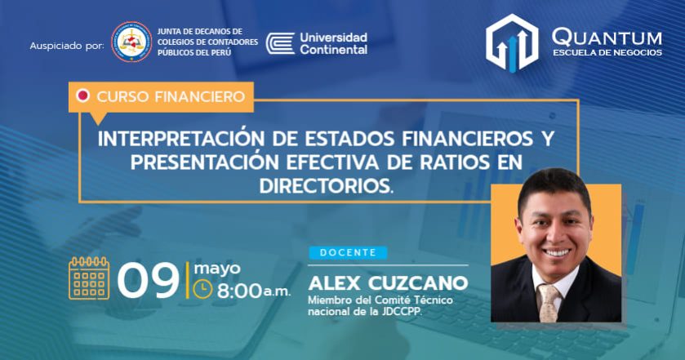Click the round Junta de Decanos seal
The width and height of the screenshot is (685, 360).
pos(131,42)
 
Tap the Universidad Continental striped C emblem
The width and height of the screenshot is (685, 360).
pos(281,44)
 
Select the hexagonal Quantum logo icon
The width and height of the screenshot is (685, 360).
pos(512,42)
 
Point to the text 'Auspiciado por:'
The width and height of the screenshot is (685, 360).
pos(67,46)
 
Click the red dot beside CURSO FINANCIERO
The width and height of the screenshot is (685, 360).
pos(82,96)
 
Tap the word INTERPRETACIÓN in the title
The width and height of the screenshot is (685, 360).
pos(181,138)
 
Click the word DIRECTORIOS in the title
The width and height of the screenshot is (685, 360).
pos(324,186)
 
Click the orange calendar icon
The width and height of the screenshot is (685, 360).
pos(89,278)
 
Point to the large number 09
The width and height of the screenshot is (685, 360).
pos(149,281)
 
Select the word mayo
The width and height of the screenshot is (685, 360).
pos(217,269)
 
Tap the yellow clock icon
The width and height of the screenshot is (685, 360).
pos(202,289)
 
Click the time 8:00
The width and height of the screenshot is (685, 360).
pos(239,291)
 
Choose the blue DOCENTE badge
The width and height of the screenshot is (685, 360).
pos(348,252)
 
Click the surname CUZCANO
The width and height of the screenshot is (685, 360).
pos(418,283)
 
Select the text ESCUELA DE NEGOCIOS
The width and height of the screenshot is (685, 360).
pos(607,52)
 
